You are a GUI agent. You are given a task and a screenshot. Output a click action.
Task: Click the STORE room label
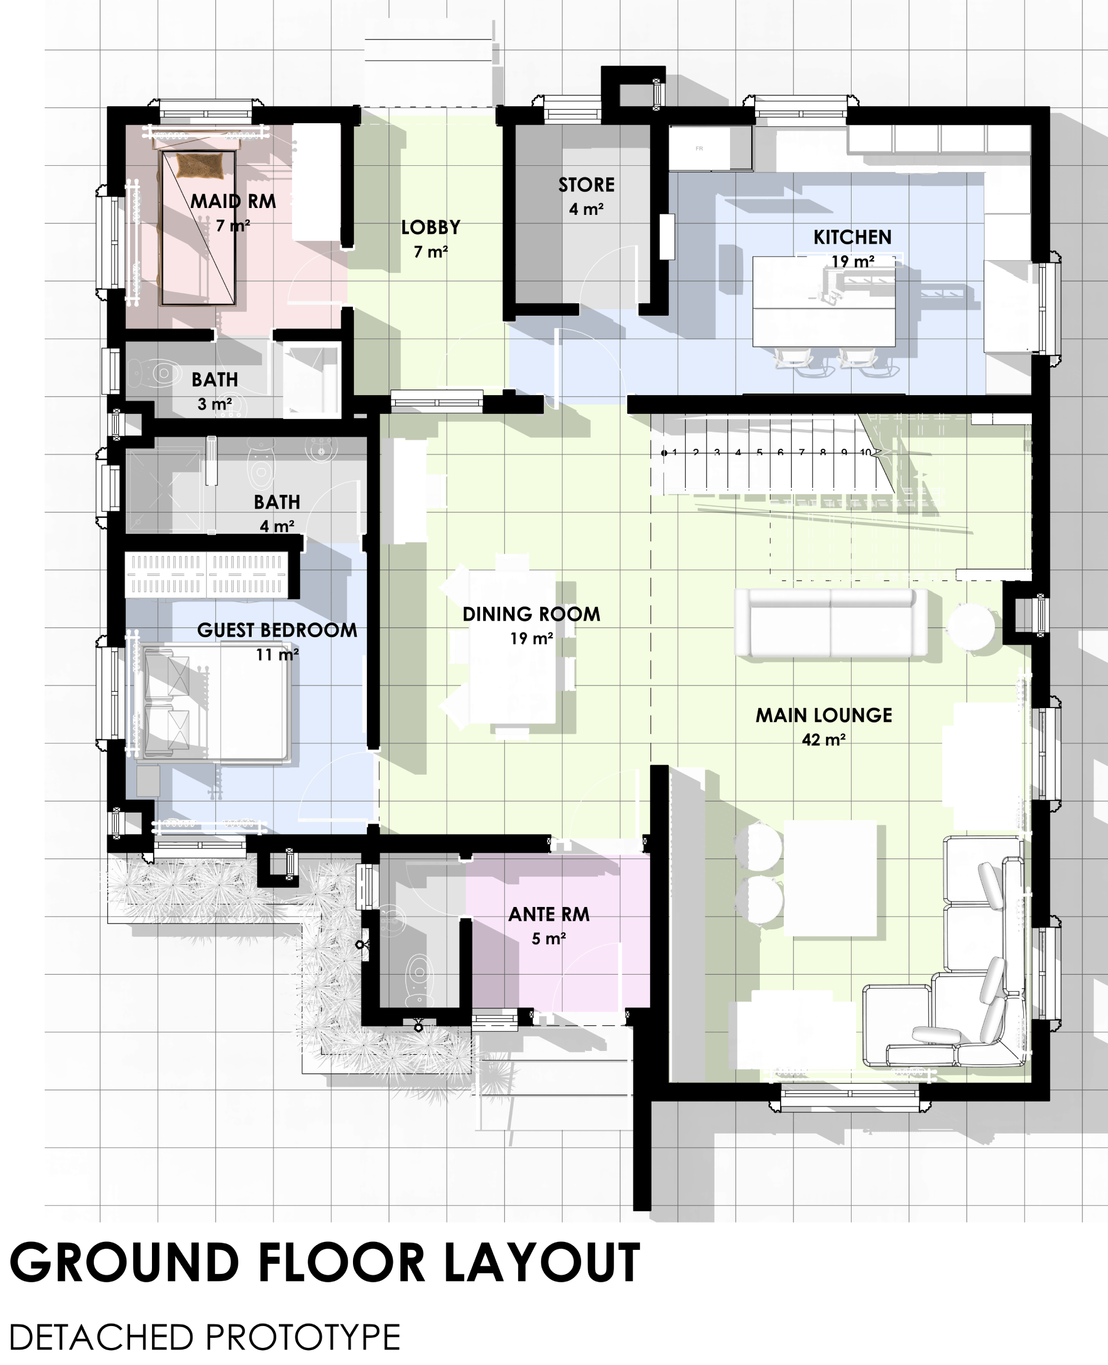[x=587, y=185]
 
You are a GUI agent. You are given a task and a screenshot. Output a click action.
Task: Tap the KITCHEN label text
[x=852, y=237]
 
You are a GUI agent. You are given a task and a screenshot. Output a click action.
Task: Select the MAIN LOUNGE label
[x=824, y=716]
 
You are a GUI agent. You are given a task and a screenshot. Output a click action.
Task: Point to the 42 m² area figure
[x=824, y=740]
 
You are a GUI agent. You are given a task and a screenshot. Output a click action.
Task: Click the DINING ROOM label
[x=532, y=615]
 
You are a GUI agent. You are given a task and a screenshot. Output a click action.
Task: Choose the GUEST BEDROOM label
[x=277, y=630]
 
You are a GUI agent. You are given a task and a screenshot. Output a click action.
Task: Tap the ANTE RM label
[x=549, y=914]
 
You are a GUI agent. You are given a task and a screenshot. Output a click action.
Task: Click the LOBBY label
[x=431, y=228]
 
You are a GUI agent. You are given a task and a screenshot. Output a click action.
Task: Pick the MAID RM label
[x=234, y=202]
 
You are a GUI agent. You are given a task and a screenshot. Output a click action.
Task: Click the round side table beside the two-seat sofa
[x=970, y=627]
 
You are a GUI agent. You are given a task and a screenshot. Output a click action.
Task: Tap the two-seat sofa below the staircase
[x=831, y=623]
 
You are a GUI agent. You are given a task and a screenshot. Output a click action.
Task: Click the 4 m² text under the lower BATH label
[x=277, y=526]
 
